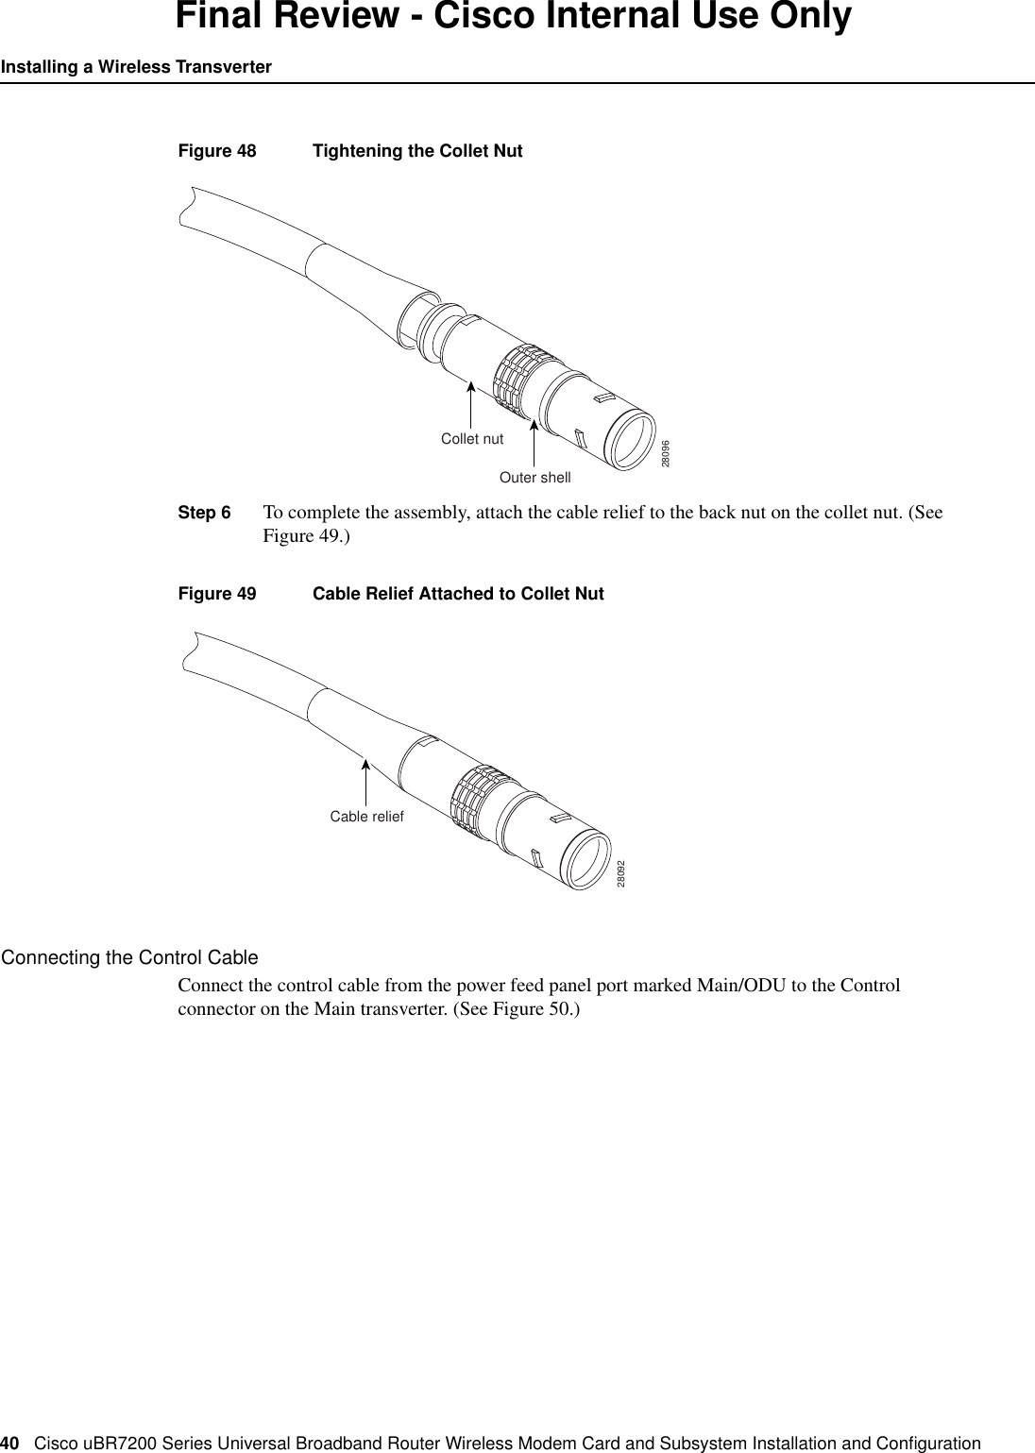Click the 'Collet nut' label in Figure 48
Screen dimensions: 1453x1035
[x=472, y=439]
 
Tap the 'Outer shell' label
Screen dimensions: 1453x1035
[x=534, y=478]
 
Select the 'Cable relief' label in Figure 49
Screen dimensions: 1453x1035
[x=366, y=817]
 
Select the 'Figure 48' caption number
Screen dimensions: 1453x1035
[x=216, y=151]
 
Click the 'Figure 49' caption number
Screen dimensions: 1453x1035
[x=216, y=594]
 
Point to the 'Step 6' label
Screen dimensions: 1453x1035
[x=204, y=514]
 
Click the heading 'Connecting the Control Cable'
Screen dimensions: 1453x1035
[x=129, y=958]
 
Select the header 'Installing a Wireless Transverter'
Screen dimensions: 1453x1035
[x=136, y=67]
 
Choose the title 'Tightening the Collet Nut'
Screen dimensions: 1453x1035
[x=417, y=151]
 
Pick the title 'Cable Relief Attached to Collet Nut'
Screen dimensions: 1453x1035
[x=458, y=594]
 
